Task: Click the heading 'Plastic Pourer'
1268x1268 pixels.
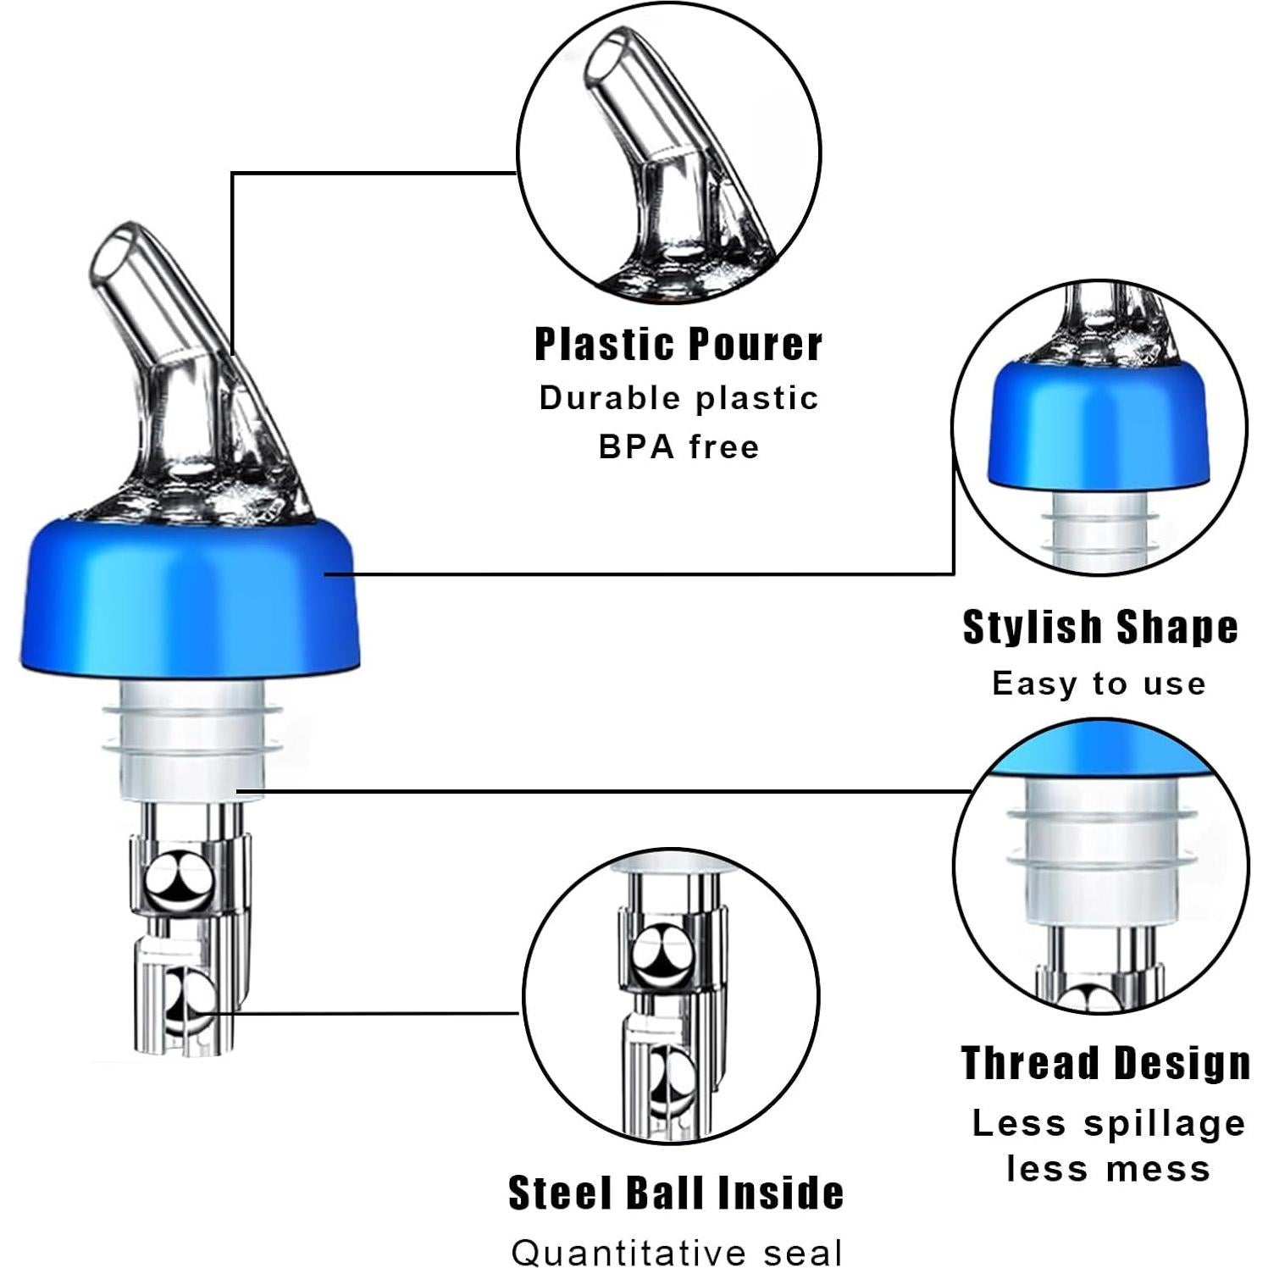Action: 678,345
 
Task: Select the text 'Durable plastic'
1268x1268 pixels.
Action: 678,398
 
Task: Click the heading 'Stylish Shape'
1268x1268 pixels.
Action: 1099,628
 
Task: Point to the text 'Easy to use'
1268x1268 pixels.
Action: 1099,684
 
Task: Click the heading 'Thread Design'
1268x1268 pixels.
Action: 1105,1063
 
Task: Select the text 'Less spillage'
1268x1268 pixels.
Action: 1108,1123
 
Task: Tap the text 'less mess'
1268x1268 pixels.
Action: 1108,1169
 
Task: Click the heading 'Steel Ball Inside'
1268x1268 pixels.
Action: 675,1193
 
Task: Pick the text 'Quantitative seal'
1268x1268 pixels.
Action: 677,1252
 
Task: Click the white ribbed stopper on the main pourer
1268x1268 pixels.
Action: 191,741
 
